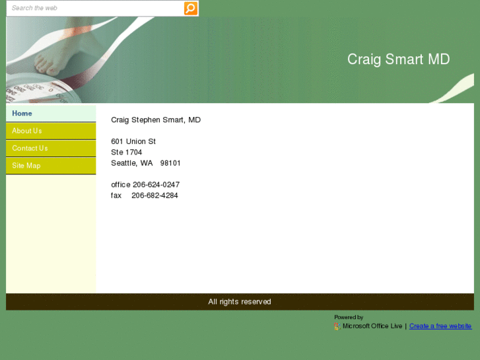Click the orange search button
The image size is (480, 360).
coord(190,9)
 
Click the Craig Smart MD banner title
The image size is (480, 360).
coord(398,59)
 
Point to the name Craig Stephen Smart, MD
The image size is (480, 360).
coord(156,120)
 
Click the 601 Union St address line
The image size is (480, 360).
coord(133,141)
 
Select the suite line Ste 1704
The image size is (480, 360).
coord(127,153)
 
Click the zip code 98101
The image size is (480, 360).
coord(170,163)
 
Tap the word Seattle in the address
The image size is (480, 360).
coord(123,163)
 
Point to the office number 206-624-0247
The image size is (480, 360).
coord(156,185)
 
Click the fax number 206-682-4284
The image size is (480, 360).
coord(154,196)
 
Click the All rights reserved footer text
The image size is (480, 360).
coord(240,302)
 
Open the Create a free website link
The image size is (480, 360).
coord(440,326)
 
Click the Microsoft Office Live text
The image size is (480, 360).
coord(372,326)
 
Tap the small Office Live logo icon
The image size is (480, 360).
coord(337,326)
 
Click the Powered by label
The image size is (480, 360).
coord(349,318)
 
